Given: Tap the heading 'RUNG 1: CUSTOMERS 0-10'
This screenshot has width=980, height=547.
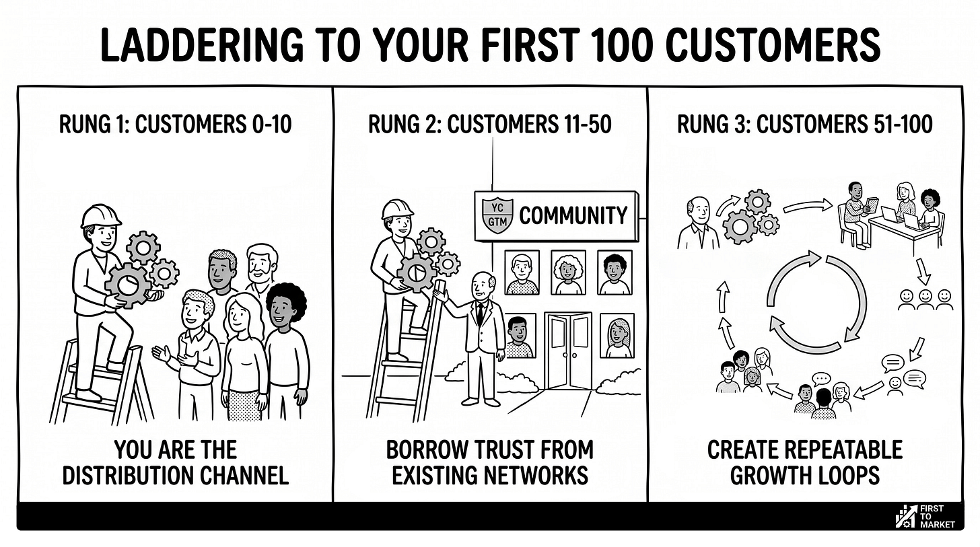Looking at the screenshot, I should click(x=175, y=124).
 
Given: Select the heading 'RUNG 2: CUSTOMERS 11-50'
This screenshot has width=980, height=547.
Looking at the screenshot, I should click(x=489, y=124).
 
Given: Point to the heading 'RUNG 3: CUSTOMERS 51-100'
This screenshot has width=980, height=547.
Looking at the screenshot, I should click(x=804, y=124).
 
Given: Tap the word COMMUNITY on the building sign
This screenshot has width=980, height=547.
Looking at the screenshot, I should click(x=573, y=215).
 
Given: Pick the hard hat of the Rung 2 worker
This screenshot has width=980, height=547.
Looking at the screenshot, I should click(x=396, y=209).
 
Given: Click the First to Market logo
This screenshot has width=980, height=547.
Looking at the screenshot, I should click(x=925, y=515).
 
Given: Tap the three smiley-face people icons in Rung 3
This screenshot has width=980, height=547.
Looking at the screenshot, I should click(x=925, y=299).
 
